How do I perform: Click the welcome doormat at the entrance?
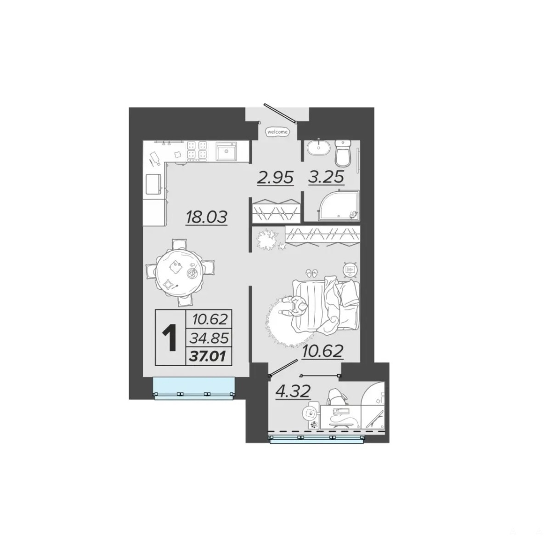coord(277,132)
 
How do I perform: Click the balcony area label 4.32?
coord(293,390)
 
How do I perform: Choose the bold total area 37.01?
coord(208,357)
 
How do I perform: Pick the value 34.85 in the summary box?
coord(209,339)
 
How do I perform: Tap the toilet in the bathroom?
coord(343,153)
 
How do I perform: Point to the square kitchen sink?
coord(226,151)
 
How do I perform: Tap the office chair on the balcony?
coord(338,397)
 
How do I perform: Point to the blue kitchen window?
coord(193,388)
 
